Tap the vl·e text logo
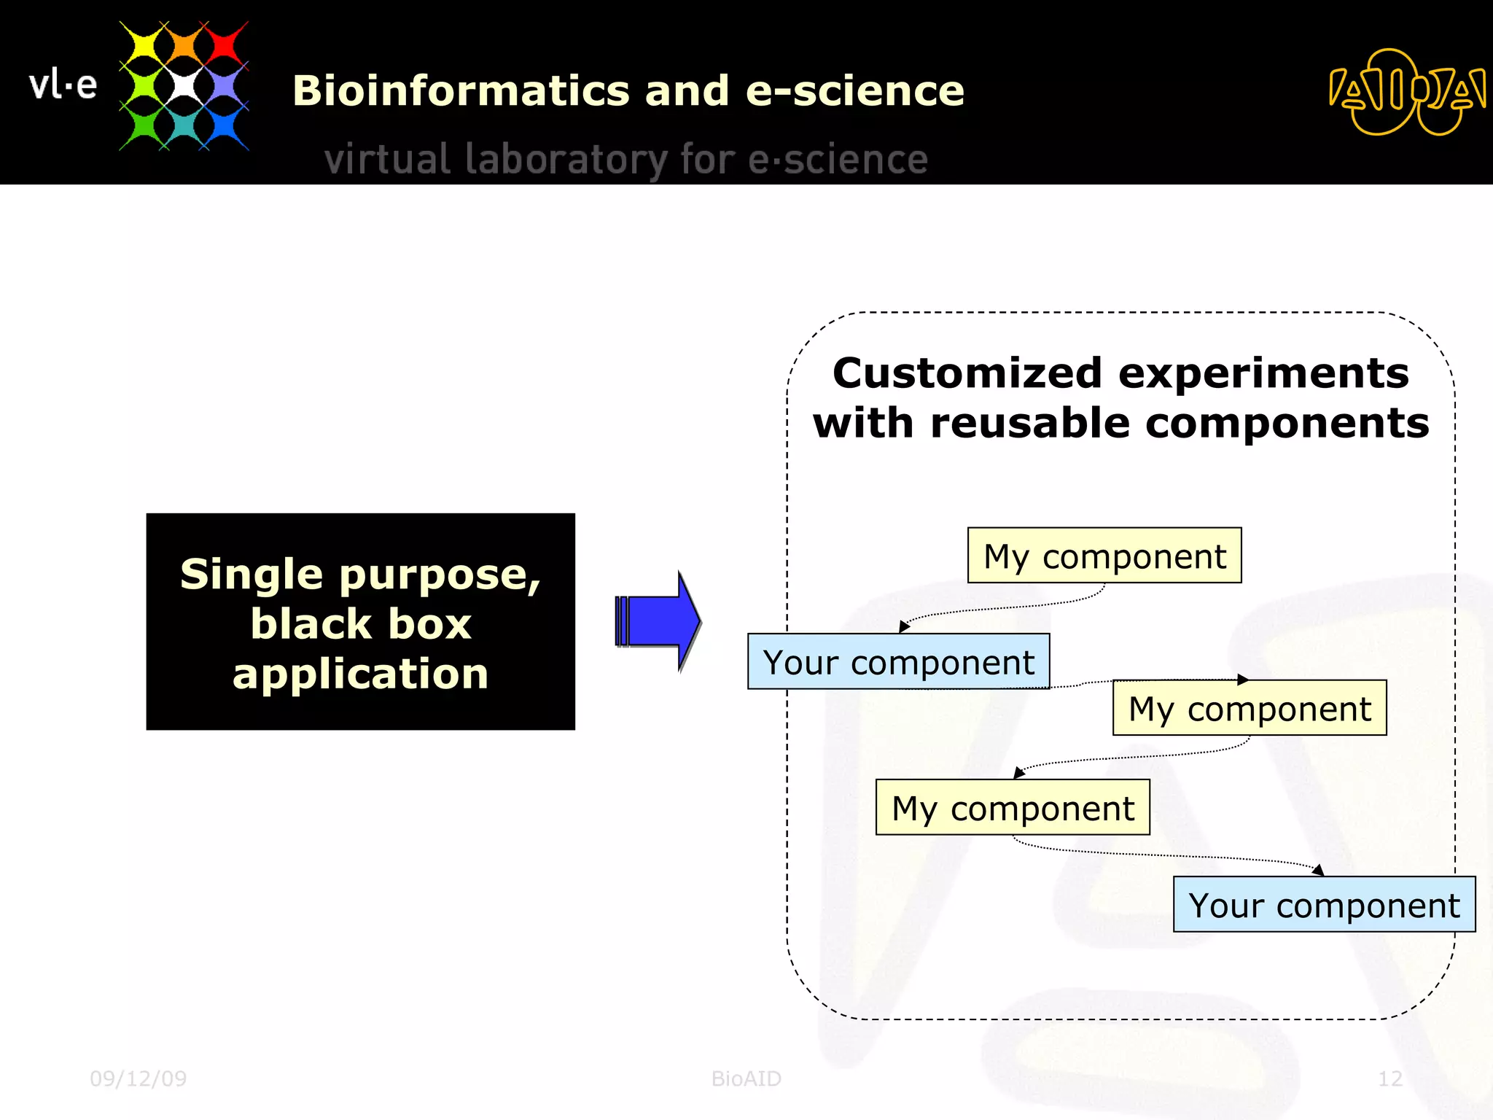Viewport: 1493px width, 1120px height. pyautogui.click(x=63, y=85)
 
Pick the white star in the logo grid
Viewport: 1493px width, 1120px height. pyautogui.click(x=184, y=86)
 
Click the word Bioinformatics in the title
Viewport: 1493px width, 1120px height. pyautogui.click(x=460, y=91)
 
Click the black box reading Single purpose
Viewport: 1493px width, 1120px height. pyautogui.click(x=360, y=621)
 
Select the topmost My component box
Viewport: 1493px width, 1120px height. pyautogui.click(x=1104, y=556)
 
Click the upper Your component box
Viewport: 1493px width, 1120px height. pyautogui.click(x=898, y=661)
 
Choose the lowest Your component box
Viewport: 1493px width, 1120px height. pyautogui.click(x=1323, y=904)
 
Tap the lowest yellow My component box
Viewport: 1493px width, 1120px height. pyautogui.click(x=1012, y=807)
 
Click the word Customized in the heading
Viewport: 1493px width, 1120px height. pyautogui.click(x=967, y=373)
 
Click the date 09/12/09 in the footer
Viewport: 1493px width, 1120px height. pyautogui.click(x=138, y=1078)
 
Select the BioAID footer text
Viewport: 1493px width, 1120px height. pyautogui.click(x=746, y=1078)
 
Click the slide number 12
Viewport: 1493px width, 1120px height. pyautogui.click(x=1389, y=1078)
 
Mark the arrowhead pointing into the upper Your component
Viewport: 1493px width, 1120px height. pyautogui.click(x=904, y=626)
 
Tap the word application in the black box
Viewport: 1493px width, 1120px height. pyautogui.click(x=360, y=673)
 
